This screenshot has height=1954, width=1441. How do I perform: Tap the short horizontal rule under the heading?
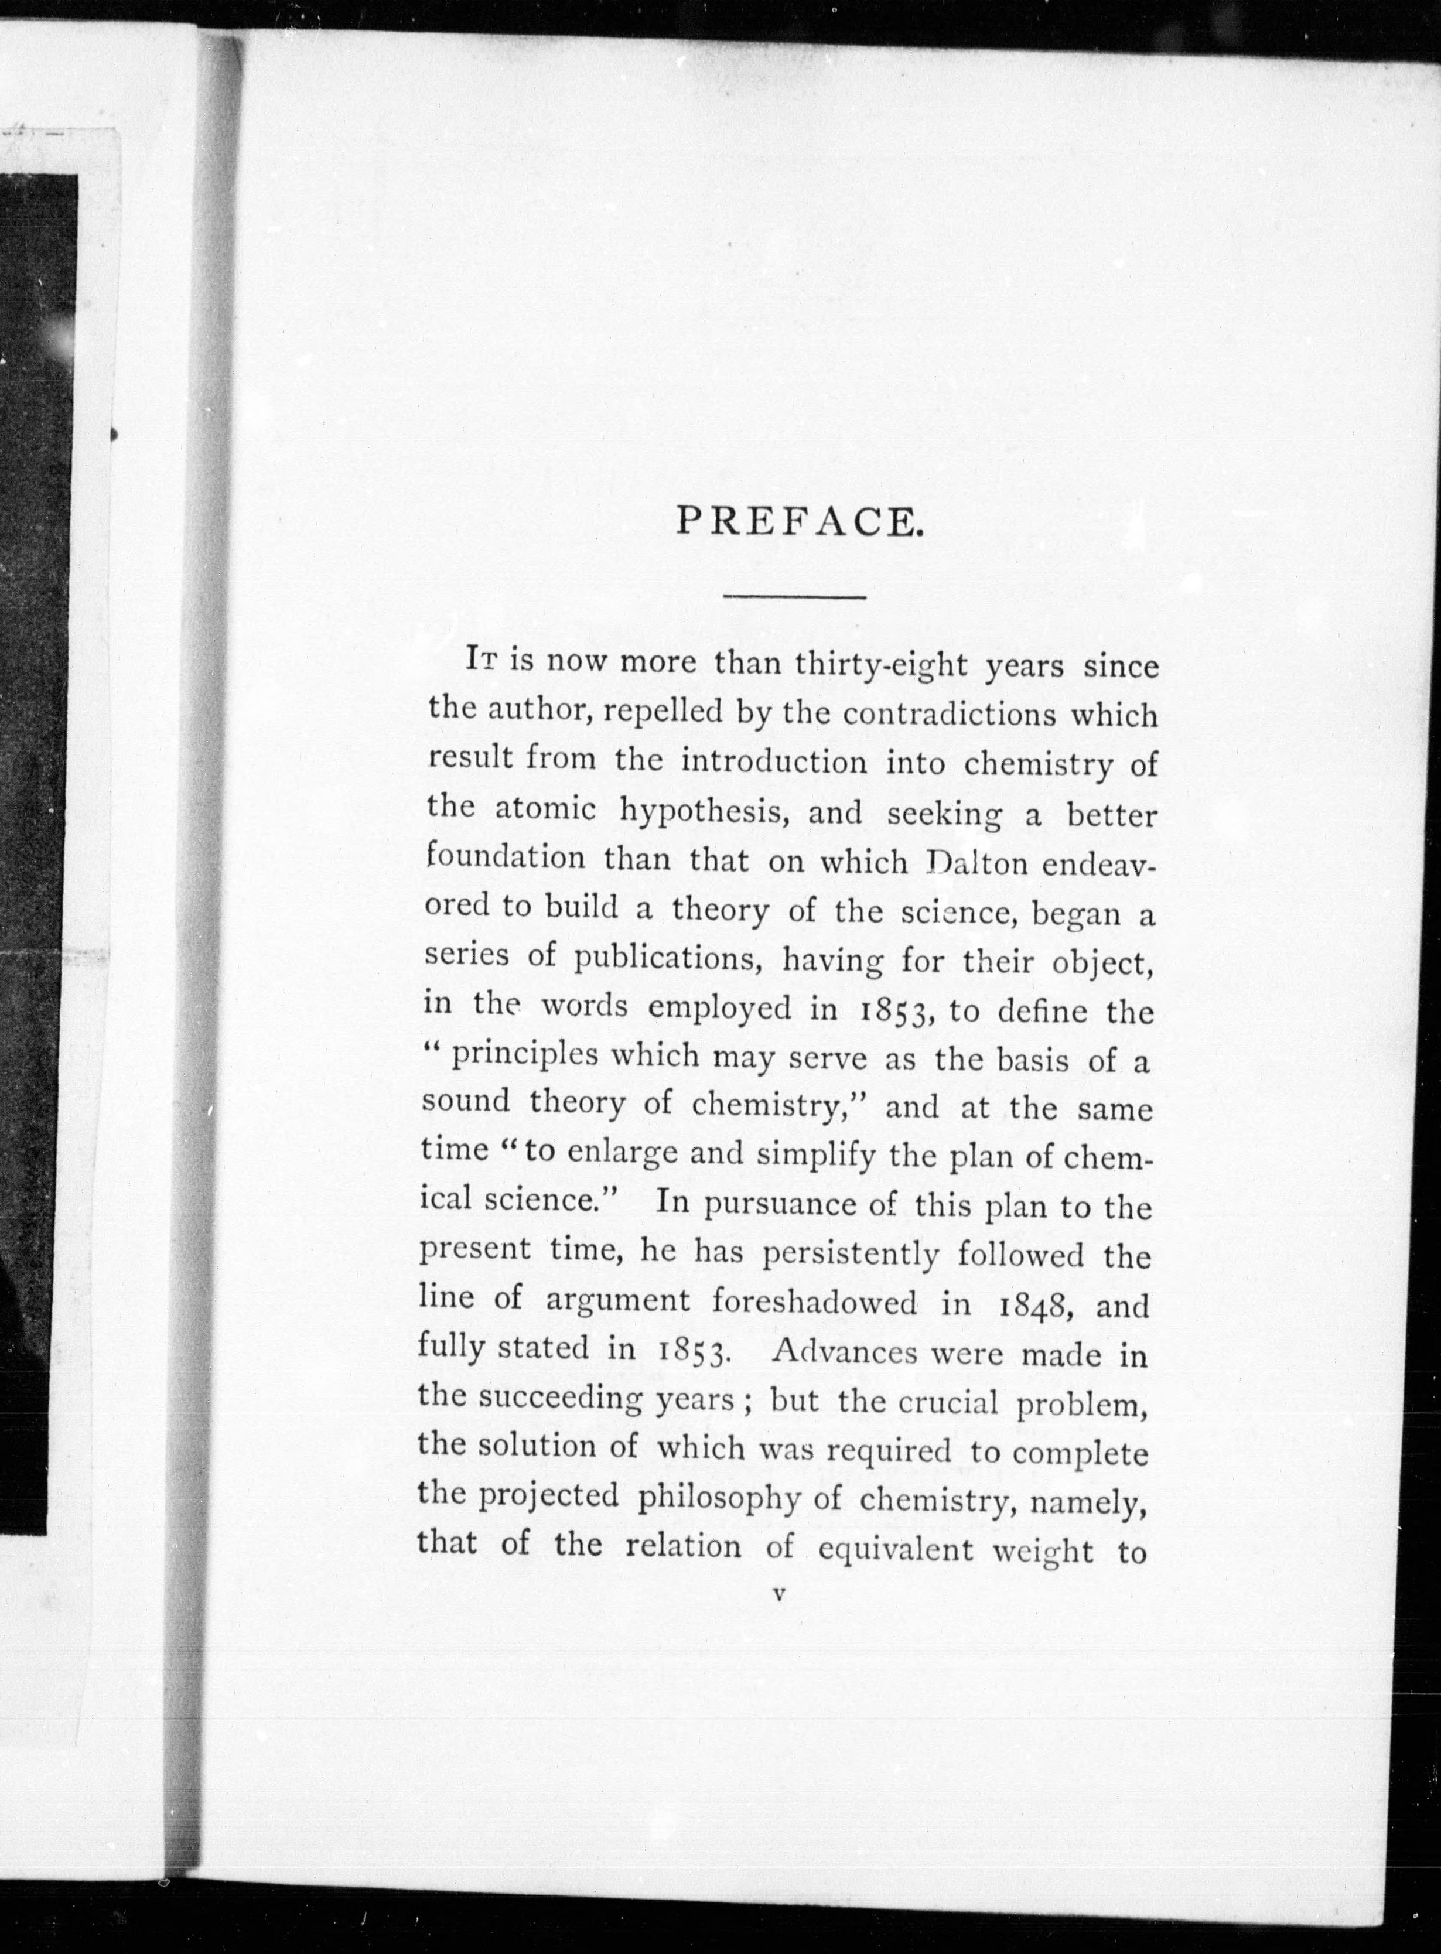(x=794, y=597)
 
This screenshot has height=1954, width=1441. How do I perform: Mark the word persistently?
(x=851, y=1255)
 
